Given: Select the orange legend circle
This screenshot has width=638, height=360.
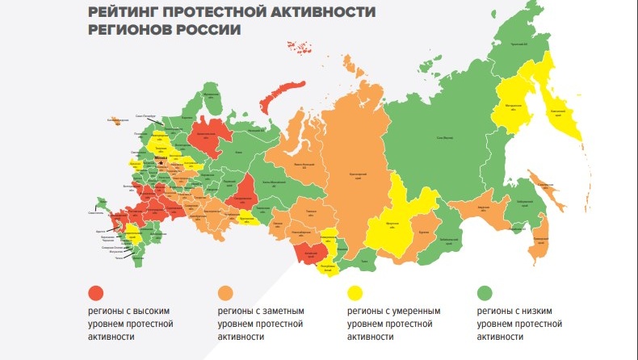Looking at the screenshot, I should coord(226,292).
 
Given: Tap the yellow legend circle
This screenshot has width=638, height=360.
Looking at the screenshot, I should coord(355,292).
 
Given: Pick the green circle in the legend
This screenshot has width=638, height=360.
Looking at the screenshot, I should coord(485,292).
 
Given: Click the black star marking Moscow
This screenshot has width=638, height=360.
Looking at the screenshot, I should coord(160,161).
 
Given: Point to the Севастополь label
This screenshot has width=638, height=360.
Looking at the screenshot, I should coord(94,213).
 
